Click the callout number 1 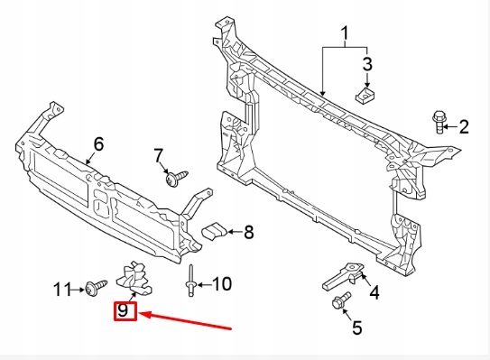344,36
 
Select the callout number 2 464,126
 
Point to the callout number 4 374,291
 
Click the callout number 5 356,328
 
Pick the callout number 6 99,143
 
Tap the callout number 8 248,233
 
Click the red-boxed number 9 125,312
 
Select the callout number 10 221,284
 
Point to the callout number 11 61,289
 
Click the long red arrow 190,320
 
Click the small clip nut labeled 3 365,94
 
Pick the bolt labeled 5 342,303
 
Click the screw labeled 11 93,288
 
